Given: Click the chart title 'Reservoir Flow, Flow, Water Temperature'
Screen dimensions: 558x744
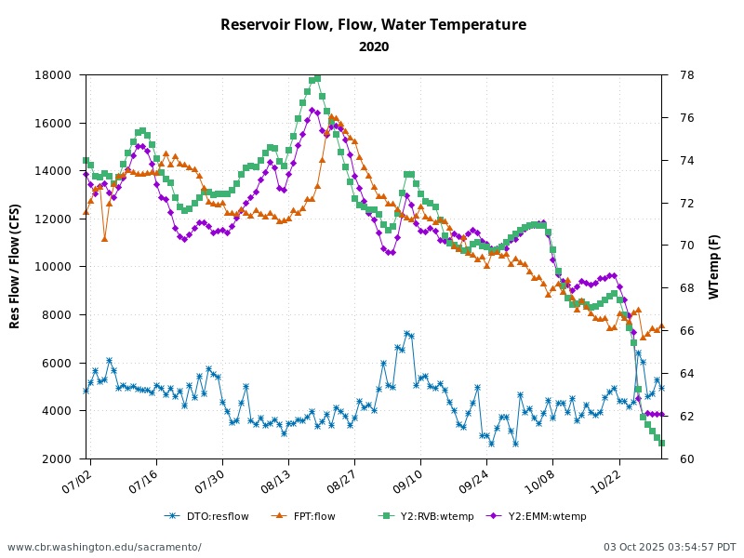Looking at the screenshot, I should tap(373, 25).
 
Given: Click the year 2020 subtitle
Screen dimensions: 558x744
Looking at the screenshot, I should tap(373, 46).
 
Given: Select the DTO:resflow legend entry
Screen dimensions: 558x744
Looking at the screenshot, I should tap(206, 516).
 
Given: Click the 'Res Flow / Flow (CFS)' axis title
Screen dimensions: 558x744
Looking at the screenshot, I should tap(16, 267).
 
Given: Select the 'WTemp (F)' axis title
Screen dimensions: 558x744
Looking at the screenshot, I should tap(714, 267).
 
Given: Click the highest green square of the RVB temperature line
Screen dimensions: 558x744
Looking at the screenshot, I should tap(317, 78).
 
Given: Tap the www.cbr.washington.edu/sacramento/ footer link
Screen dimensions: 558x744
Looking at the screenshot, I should tap(104, 547).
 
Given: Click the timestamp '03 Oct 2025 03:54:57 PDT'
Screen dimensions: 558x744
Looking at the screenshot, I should tap(670, 547).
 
